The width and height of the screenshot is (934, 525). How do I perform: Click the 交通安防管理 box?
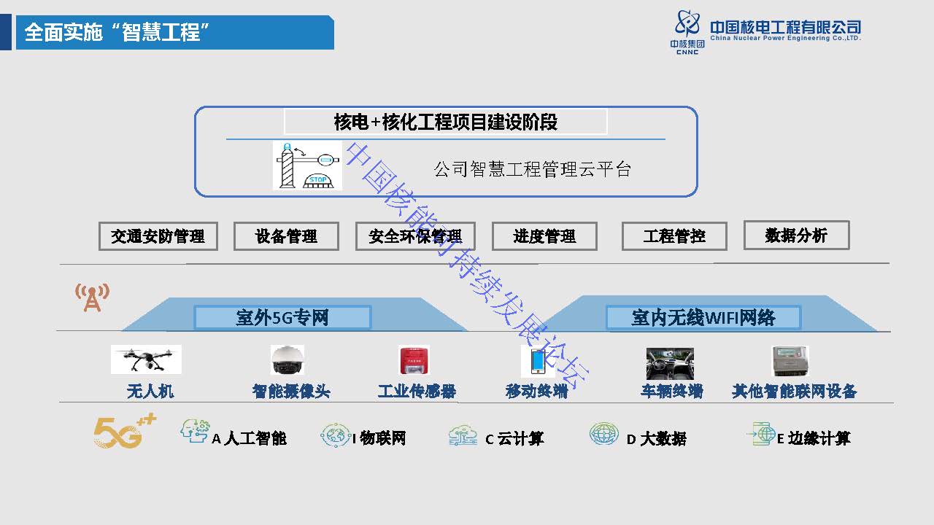158,236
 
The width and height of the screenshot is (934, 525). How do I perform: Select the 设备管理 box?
286,236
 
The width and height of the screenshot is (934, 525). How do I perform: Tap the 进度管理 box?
544,236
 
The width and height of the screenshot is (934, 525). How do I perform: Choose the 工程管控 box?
674,236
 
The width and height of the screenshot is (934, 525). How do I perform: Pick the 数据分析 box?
796,235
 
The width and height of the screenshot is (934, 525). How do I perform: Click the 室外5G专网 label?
282,317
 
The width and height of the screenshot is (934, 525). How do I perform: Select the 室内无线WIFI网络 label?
703,317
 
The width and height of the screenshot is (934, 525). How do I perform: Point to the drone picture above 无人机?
146,359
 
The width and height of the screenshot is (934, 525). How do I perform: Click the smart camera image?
287,360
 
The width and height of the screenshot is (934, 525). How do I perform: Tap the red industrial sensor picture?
414,360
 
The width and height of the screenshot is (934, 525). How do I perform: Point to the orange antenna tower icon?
92,297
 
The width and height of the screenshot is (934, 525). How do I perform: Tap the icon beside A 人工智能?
195,431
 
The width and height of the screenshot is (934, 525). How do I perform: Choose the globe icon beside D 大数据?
603,435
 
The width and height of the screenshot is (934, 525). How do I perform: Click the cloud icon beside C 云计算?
463,436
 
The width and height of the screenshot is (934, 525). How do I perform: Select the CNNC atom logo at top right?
689,28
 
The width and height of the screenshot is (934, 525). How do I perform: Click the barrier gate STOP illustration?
307,166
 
